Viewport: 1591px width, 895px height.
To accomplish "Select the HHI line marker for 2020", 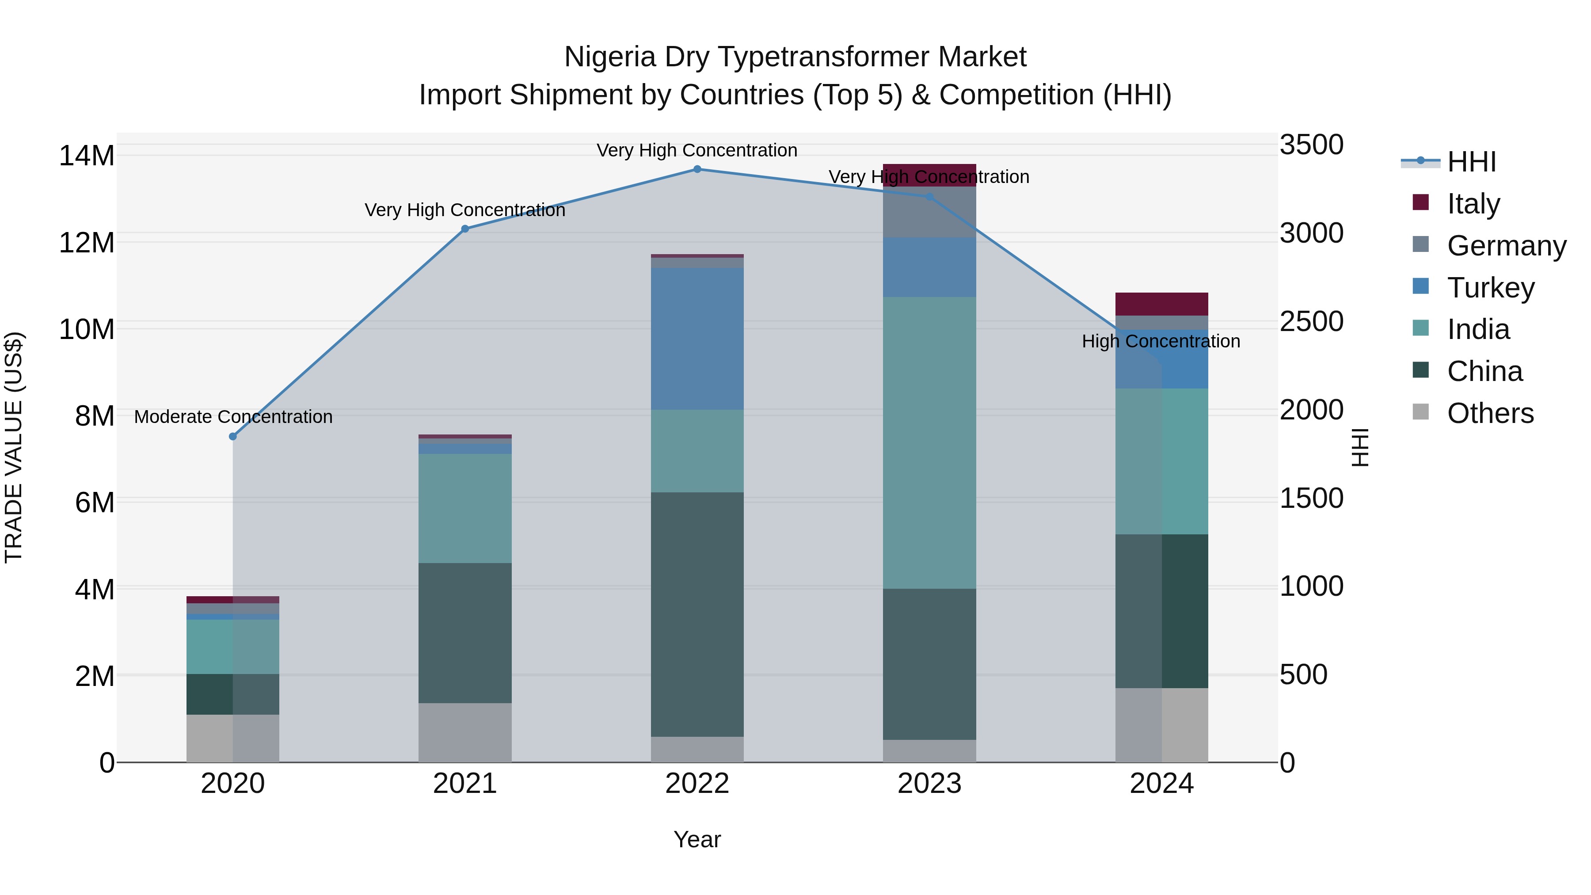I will (233, 437).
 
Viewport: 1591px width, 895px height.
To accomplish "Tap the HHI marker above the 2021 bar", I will (465, 229).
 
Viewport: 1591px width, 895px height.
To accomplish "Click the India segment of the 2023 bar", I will (929, 442).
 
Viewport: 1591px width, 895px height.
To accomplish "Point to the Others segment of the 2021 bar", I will (465, 732).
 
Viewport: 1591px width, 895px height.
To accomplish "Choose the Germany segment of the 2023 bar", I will (929, 212).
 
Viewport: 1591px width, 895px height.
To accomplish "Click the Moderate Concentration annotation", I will (233, 417).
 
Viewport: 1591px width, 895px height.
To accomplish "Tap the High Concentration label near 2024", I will (1161, 342).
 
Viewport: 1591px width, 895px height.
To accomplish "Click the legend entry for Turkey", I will (1490, 288).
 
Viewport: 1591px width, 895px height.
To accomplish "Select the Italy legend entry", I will (1473, 204).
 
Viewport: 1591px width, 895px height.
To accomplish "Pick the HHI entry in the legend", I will (1471, 162).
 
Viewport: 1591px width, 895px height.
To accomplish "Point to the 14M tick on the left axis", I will (87, 156).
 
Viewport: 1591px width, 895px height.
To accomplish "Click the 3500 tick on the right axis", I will (1311, 145).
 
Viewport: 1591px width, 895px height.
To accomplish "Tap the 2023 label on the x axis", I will (929, 784).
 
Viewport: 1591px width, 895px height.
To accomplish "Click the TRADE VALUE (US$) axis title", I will (14, 447).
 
